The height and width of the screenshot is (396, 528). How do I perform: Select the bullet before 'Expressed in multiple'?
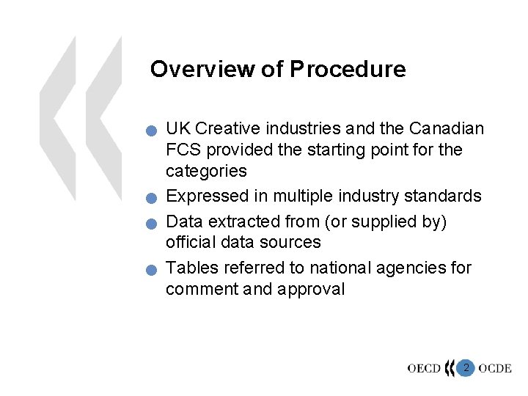click(x=150, y=199)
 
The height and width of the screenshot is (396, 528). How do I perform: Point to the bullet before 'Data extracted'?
click(x=150, y=223)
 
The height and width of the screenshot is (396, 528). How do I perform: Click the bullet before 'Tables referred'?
click(x=150, y=270)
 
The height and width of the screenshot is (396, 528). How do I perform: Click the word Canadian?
click(x=447, y=129)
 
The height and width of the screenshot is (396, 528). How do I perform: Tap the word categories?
click(x=206, y=172)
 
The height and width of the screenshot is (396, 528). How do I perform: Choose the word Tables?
click(x=190, y=268)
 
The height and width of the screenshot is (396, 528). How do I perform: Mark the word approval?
click(x=311, y=289)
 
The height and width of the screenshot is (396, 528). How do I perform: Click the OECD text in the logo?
click(x=425, y=368)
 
